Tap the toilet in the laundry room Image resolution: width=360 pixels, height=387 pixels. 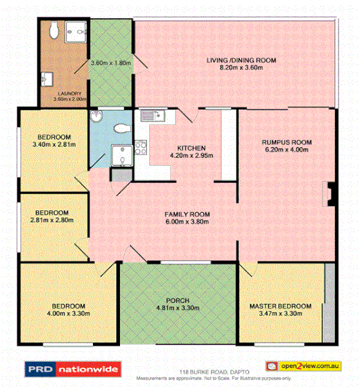click(x=52, y=29)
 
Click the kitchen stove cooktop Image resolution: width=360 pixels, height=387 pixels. click(x=140, y=146)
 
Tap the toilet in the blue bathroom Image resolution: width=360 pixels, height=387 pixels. click(x=121, y=128)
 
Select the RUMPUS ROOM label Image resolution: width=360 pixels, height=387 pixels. click(x=286, y=142)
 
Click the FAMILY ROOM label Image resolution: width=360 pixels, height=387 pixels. click(x=187, y=214)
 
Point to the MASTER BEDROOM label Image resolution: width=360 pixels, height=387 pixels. click(x=280, y=305)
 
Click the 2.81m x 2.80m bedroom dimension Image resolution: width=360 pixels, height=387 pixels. click(x=52, y=220)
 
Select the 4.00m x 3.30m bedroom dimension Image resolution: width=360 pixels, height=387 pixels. click(x=67, y=313)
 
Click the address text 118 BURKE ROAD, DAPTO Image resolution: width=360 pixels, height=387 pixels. click(x=180, y=372)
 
